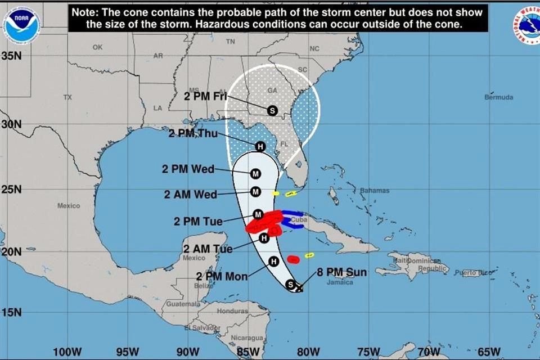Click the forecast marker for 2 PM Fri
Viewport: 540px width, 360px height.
pos(272,111)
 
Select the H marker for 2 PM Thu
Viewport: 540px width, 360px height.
pos(260,146)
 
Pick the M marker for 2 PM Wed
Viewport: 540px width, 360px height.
pos(256,174)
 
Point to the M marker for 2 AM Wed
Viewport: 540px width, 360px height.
pos(256,192)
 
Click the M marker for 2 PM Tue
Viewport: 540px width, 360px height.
pos(258,214)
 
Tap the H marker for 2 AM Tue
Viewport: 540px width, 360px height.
pos(264,238)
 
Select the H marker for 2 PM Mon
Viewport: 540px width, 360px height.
pos(274,261)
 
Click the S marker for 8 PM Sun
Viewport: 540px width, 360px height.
pos(290,284)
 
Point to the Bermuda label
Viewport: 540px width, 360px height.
pos(498,97)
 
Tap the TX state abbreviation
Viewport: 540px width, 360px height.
pos(67,97)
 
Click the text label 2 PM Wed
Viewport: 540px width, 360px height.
pos(188,169)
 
